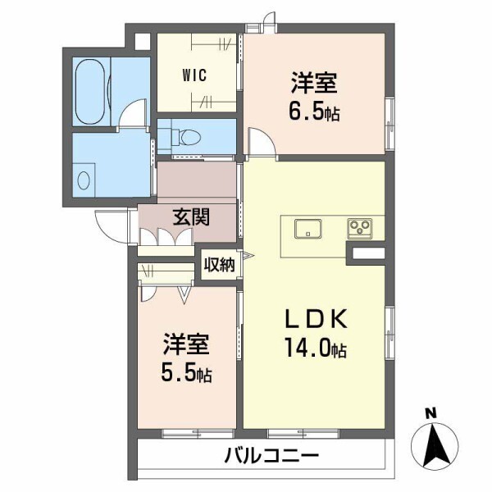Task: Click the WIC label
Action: (194, 75)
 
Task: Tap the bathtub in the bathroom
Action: (89, 92)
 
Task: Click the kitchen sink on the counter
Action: (307, 229)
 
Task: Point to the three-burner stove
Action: (360, 227)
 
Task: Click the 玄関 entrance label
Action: (191, 217)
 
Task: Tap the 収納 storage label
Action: (219, 265)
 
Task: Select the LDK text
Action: (316, 319)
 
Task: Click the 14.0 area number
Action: (307, 348)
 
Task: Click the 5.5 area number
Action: (178, 371)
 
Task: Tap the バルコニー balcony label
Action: (271, 455)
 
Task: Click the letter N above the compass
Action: (431, 413)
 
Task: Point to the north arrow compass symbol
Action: (435, 444)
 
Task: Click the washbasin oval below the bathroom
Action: (84, 180)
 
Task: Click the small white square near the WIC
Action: (143, 42)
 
